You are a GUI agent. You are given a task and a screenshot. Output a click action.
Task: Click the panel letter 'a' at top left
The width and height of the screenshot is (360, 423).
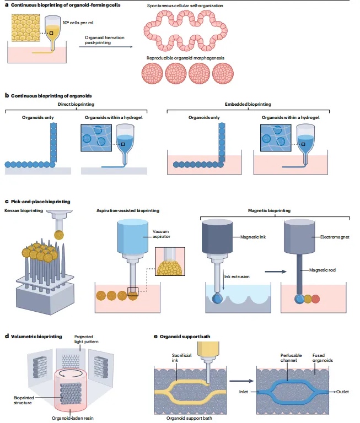6,4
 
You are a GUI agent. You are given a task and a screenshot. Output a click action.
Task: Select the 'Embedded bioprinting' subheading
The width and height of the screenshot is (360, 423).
244,103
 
